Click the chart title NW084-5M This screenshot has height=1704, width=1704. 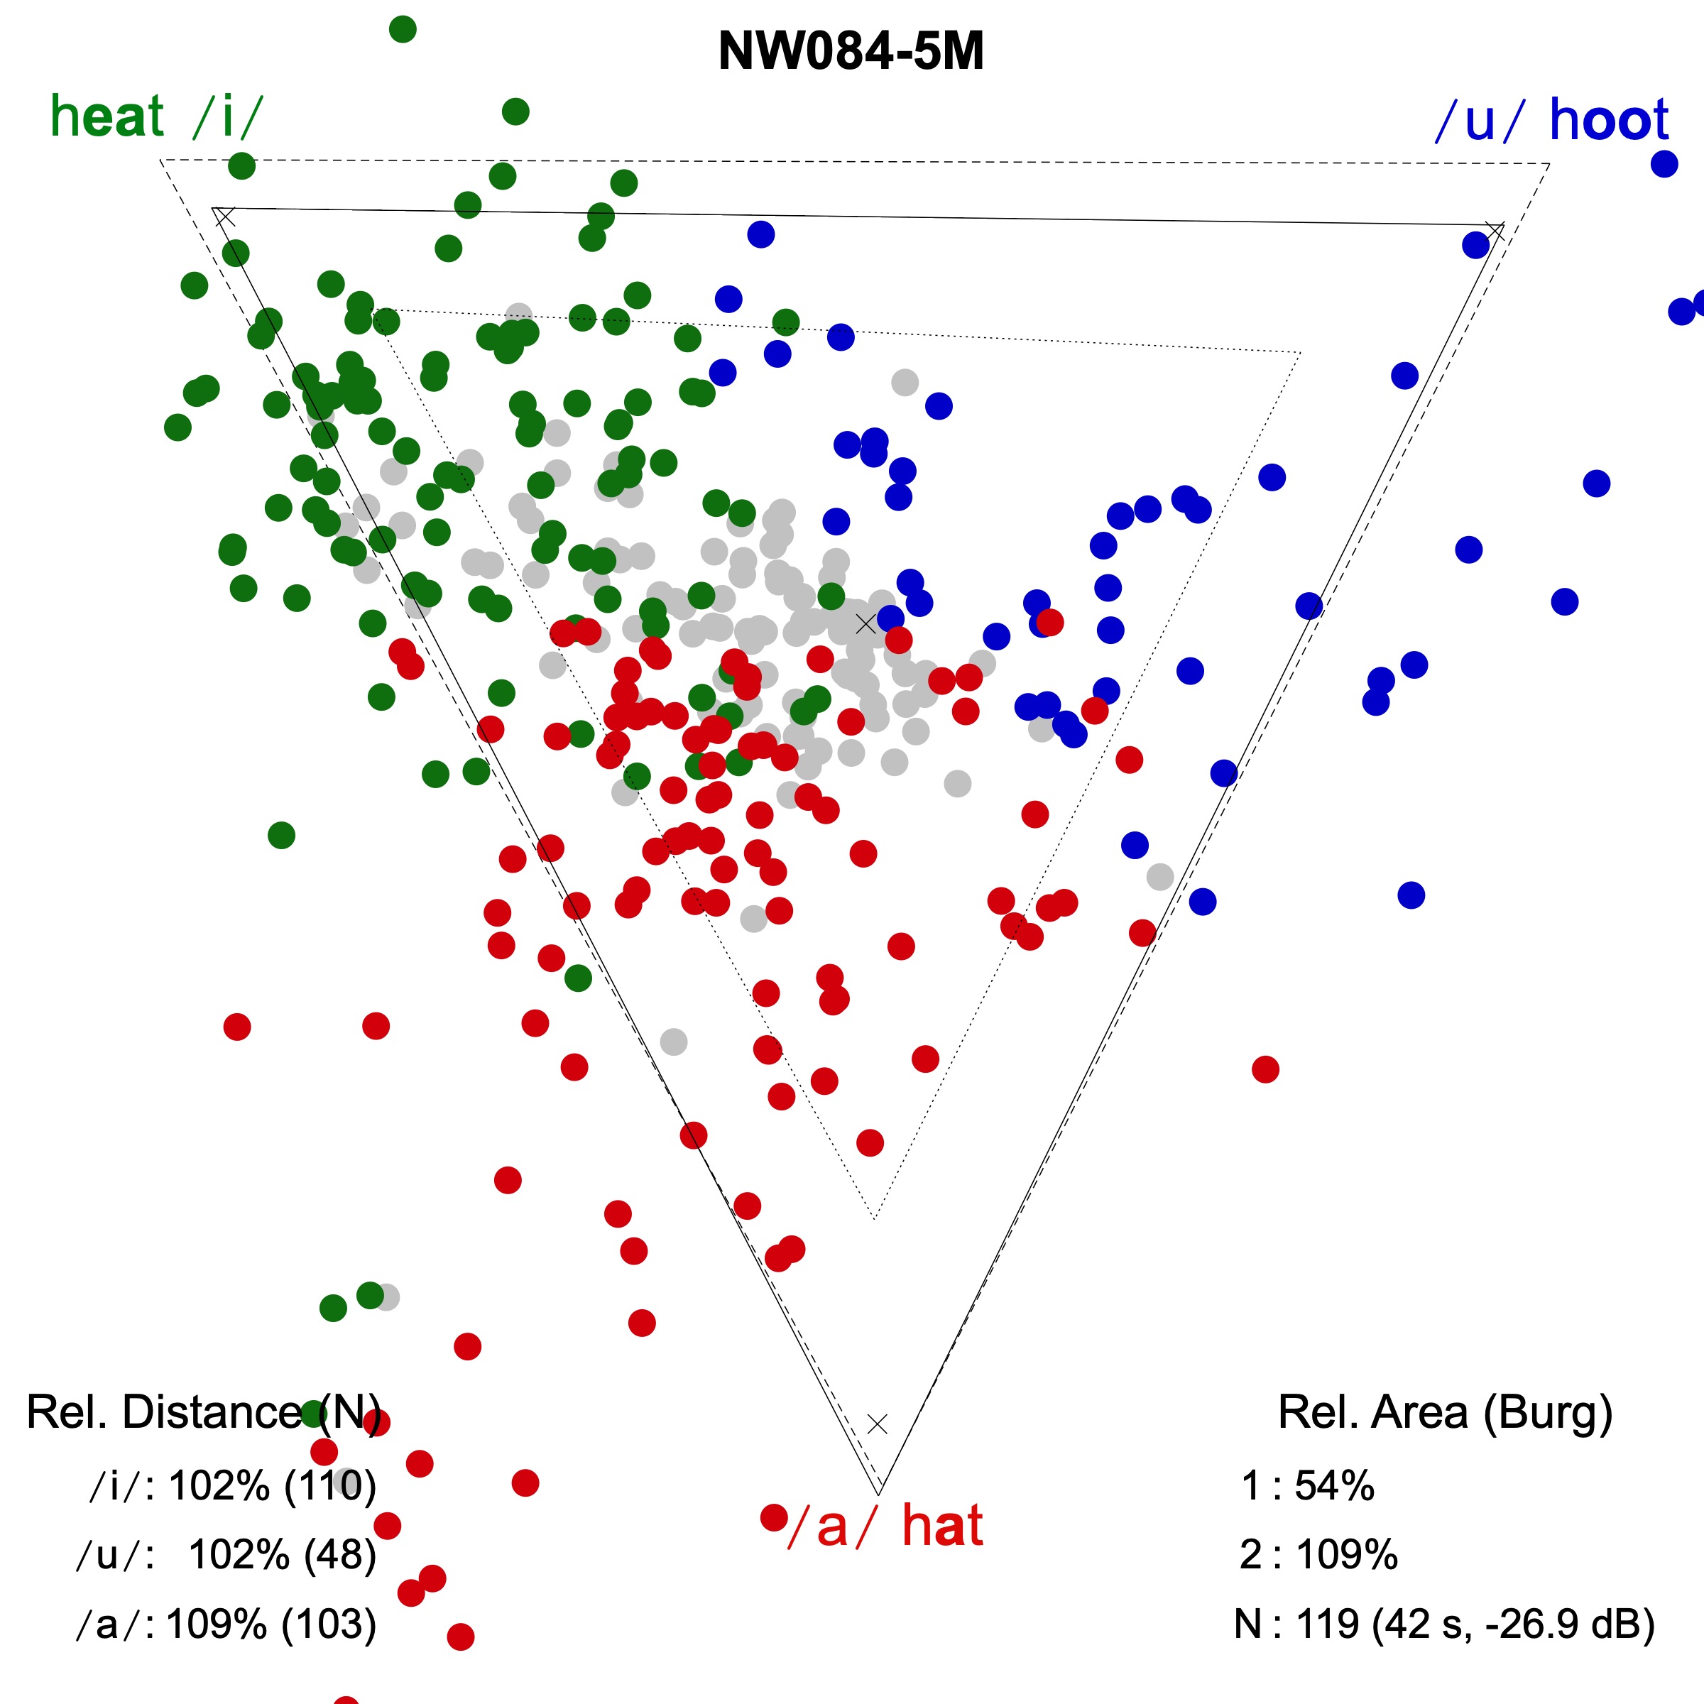click(x=851, y=51)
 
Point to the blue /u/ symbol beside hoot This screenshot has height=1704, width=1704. click(x=1479, y=121)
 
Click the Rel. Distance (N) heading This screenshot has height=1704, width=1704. click(x=204, y=1412)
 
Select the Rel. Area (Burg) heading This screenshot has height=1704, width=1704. click(x=1445, y=1412)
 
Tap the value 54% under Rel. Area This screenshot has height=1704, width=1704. click(x=1333, y=1486)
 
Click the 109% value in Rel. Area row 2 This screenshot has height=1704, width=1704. click(x=1346, y=1555)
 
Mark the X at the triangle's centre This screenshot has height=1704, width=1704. click(x=866, y=623)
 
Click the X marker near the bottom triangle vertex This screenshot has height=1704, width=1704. click(x=877, y=1424)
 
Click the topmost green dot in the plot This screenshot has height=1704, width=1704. click(x=402, y=29)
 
